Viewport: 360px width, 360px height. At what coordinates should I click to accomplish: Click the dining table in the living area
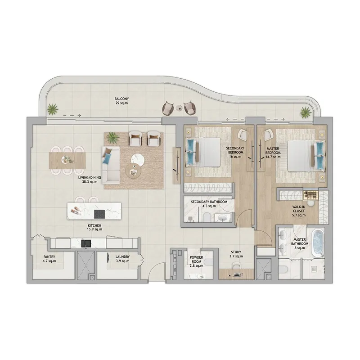pyautogui.click(x=67, y=159)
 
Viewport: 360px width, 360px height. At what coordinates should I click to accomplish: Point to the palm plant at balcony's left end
pyautogui.click(x=53, y=108)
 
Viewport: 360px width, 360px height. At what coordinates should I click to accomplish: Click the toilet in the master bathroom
pyautogui.click(x=284, y=270)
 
